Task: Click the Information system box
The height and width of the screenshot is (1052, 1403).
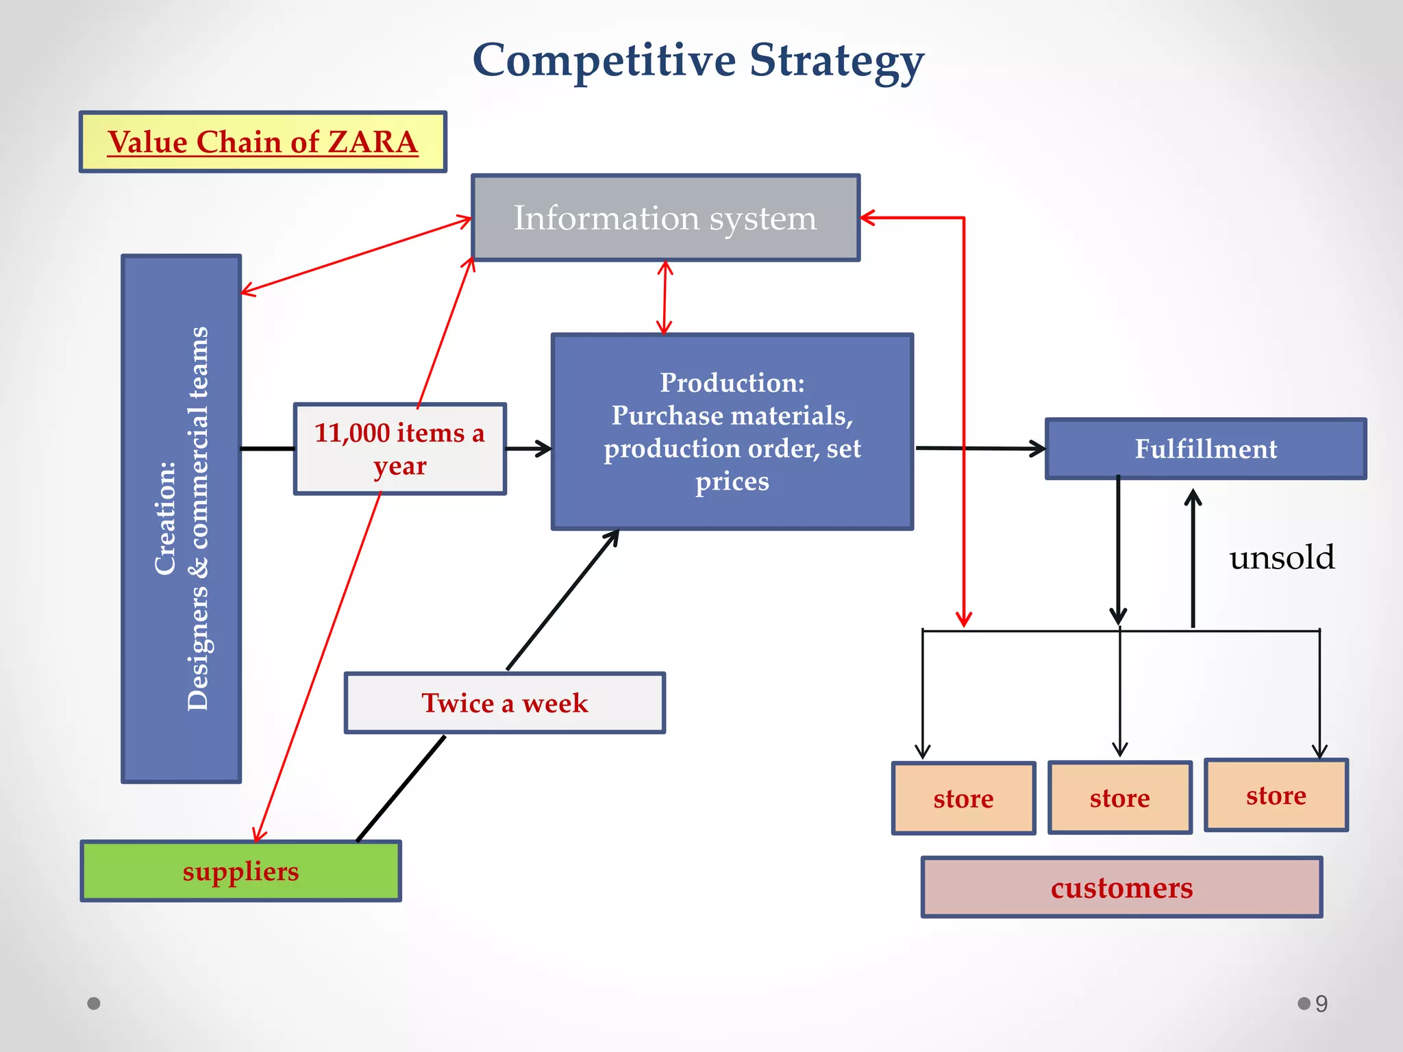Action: [665, 218]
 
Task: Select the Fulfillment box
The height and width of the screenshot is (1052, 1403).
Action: [1206, 449]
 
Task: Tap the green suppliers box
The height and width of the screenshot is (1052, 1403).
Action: [240, 871]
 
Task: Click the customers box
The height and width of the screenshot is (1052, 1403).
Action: [1121, 888]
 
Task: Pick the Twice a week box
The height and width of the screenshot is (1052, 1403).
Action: [504, 703]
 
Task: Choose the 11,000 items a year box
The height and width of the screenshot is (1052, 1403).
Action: [399, 449]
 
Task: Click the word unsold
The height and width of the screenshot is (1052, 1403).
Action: [1281, 558]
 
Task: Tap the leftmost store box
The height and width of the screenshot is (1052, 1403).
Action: [963, 799]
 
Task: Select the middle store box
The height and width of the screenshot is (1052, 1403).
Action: [1119, 798]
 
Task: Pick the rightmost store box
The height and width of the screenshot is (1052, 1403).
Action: [1276, 795]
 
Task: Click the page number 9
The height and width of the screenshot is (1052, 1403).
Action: [1321, 1003]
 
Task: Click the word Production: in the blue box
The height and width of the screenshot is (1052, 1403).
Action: [732, 383]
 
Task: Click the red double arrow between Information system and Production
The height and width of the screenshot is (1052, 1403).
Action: [665, 298]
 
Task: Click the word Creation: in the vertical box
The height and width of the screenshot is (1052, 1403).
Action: [165, 518]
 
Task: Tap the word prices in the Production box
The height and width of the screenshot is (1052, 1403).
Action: [732, 481]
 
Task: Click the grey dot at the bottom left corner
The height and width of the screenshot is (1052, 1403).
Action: [94, 1003]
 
